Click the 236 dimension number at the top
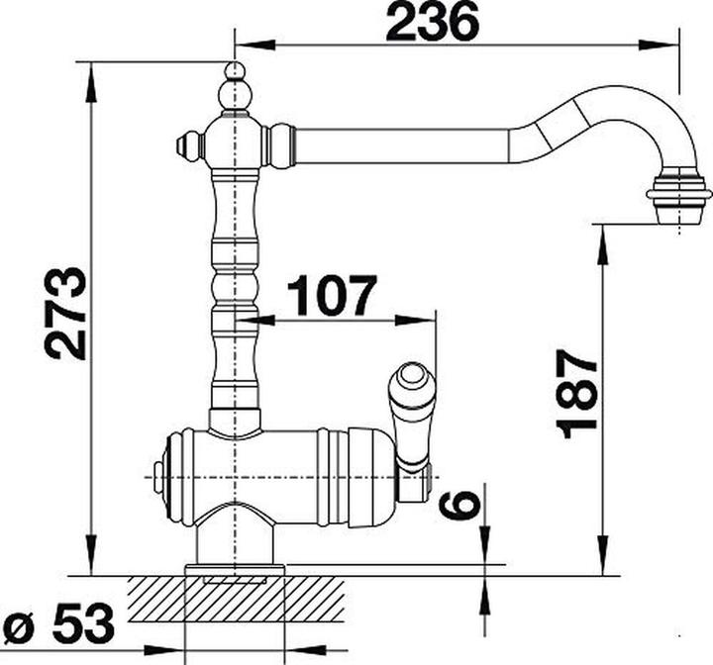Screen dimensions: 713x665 coord(433,22)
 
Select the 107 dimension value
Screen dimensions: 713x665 coord(333,296)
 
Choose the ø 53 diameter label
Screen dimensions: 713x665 coord(57,623)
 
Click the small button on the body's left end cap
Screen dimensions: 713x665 coord(157,477)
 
